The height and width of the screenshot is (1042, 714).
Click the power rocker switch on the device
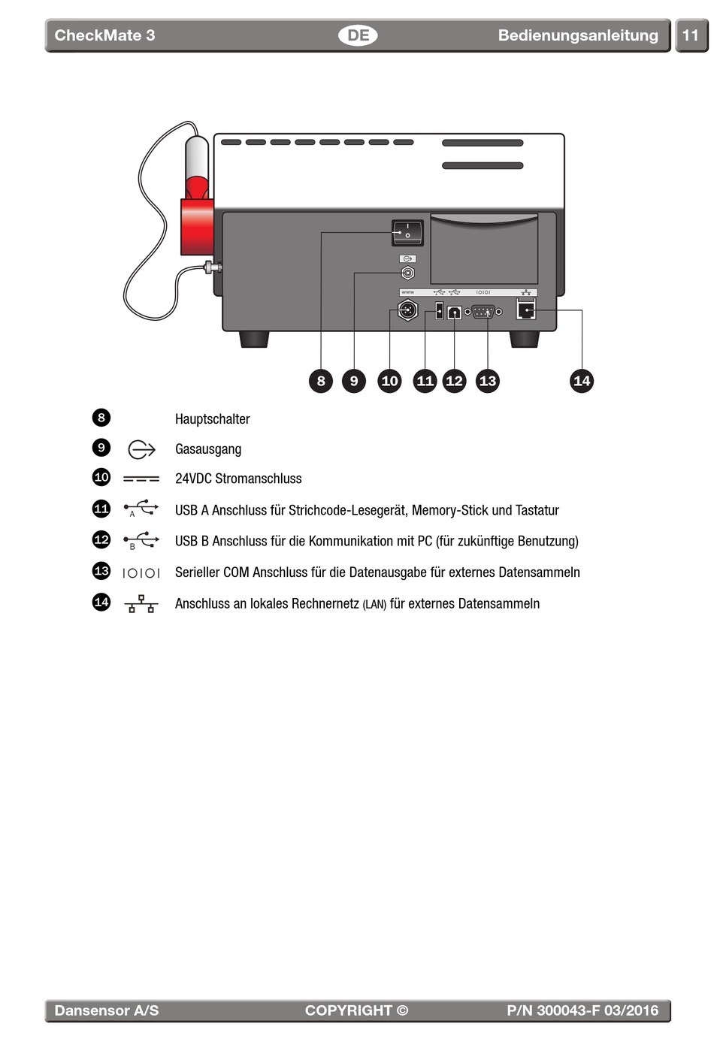click(407, 232)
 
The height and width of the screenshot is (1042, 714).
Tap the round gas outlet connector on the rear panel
click(407, 273)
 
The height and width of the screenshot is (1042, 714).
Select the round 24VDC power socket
click(407, 310)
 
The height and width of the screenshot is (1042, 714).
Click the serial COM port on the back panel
click(483, 310)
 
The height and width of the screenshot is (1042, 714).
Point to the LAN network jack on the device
click(526, 309)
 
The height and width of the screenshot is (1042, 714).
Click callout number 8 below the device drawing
click(321, 381)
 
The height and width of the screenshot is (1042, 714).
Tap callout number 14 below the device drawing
click(582, 381)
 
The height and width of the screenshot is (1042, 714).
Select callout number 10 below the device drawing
click(389, 381)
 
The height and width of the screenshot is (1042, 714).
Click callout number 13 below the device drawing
click(488, 381)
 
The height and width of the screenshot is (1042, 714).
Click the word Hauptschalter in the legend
click(212, 419)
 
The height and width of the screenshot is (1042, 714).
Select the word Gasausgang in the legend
click(208, 449)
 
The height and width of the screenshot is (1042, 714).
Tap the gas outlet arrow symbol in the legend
click(141, 449)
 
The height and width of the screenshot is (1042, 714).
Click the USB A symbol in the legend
click(141, 509)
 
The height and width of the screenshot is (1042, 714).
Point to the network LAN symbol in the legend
click(141, 603)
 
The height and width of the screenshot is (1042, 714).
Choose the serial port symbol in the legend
click(141, 572)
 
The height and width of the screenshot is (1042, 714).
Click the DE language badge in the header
click(358, 35)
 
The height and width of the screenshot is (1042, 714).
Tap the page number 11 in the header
click(690, 35)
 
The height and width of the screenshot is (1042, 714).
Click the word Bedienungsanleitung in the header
click(577, 35)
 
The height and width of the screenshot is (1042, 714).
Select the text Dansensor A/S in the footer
click(107, 1010)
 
